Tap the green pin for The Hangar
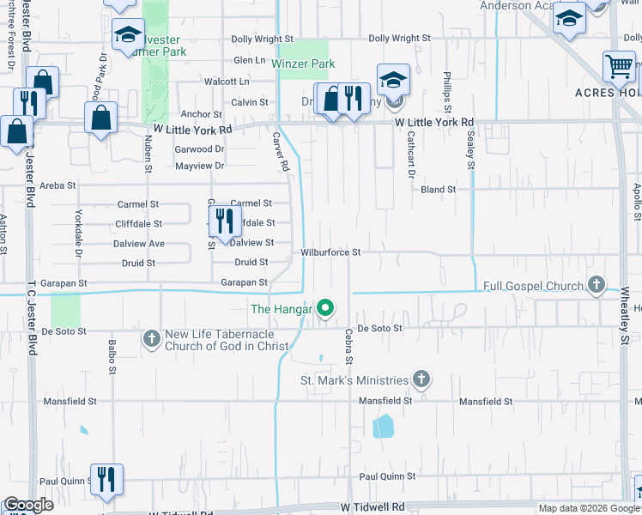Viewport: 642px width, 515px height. (325, 307)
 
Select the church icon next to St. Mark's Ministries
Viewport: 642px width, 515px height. (421, 379)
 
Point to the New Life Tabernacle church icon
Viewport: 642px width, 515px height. (152, 339)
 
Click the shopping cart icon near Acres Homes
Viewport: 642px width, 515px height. (618, 66)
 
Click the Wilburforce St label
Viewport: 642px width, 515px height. (330, 253)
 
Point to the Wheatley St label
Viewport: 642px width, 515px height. (625, 316)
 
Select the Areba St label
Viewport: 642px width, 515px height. (58, 185)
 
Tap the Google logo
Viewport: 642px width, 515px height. (28, 505)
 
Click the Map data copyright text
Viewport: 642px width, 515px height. (589, 508)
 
